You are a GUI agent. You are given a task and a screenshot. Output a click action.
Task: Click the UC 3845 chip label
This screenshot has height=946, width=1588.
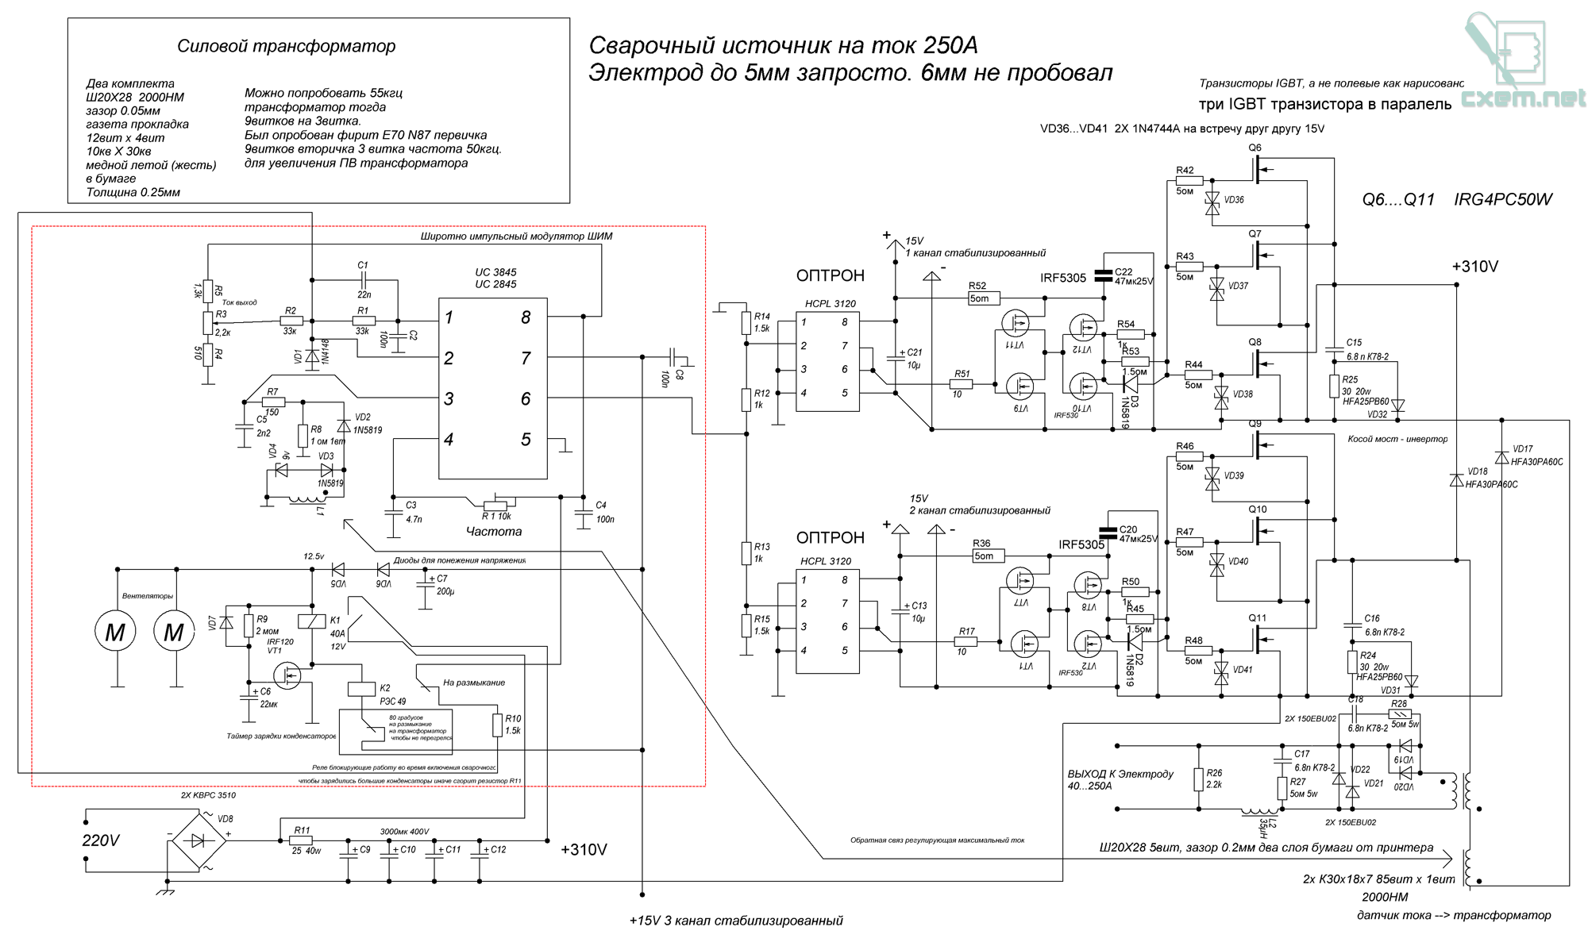tap(495, 272)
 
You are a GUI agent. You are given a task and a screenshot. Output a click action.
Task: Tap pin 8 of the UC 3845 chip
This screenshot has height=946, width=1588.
tap(526, 317)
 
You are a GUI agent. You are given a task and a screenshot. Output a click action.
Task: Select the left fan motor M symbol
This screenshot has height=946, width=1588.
tap(115, 632)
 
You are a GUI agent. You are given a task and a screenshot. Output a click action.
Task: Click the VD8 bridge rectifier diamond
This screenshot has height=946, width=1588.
tap(198, 840)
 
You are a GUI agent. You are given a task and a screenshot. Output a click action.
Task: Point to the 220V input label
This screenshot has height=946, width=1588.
tap(101, 840)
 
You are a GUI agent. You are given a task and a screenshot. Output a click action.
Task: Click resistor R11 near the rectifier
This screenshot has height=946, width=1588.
tap(301, 840)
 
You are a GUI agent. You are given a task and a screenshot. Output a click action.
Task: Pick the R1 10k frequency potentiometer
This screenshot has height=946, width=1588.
tap(496, 505)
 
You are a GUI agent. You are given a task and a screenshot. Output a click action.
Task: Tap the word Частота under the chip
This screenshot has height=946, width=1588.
tap(494, 532)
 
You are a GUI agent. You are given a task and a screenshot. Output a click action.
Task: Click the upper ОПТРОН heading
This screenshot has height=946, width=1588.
tap(830, 276)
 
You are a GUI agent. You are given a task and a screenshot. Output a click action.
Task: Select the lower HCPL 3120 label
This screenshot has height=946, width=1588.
tap(826, 561)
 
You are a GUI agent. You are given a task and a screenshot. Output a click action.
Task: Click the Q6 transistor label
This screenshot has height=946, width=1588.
tap(1255, 148)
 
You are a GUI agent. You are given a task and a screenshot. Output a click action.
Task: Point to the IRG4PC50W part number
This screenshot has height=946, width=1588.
tap(1502, 200)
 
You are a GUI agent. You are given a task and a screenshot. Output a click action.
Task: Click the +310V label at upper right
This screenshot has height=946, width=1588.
tap(1474, 267)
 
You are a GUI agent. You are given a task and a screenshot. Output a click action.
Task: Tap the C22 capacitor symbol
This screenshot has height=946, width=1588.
tap(1104, 275)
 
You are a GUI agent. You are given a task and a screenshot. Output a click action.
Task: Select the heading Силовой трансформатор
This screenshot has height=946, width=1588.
tap(286, 46)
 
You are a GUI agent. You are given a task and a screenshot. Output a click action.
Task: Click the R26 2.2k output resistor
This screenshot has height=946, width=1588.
tap(1198, 779)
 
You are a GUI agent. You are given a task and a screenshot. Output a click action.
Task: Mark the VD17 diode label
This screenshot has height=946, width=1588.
tap(1522, 449)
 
